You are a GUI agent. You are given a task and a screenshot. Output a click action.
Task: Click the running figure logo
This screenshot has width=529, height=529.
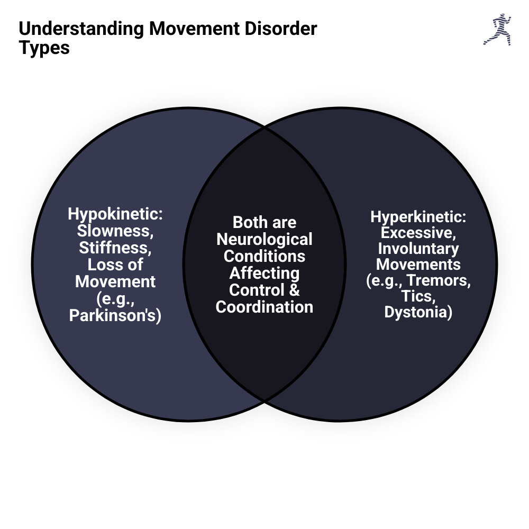tap(497, 29)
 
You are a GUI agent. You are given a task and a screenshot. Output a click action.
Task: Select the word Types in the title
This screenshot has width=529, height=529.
tap(44, 48)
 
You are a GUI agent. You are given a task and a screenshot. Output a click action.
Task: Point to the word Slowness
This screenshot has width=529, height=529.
tap(115, 231)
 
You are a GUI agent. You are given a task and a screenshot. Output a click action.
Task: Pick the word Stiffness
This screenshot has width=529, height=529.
tap(115, 248)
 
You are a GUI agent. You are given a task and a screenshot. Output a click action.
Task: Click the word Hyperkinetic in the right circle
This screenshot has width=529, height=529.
tap(417, 216)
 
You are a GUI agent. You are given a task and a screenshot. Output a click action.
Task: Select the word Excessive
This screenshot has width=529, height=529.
tap(418, 232)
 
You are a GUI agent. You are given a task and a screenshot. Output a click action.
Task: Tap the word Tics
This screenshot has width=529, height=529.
tap(418, 296)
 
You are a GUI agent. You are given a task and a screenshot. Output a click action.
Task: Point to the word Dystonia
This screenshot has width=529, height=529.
tap(418, 312)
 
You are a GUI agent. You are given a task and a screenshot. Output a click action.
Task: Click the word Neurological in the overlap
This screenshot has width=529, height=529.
tap(264, 239)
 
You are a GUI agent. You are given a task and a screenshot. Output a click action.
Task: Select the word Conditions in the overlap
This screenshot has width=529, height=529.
tap(264, 256)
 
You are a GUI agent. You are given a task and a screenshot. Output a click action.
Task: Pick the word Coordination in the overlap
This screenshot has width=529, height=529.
tap(264, 307)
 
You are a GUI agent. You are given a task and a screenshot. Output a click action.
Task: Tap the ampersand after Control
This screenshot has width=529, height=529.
tap(294, 290)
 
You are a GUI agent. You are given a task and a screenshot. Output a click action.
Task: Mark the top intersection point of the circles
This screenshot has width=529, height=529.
tap(264, 127)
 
